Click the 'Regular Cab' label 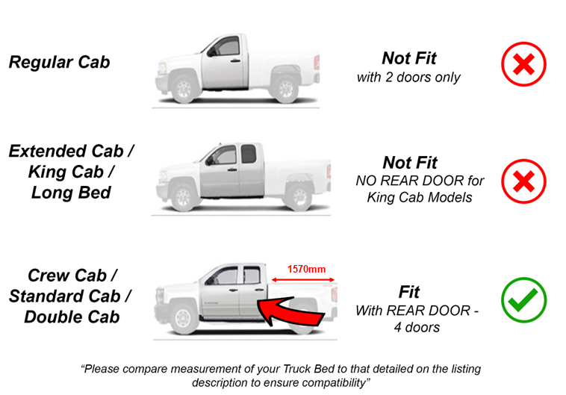click(59, 61)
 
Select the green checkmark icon click(523, 301)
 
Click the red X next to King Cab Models click(523, 181)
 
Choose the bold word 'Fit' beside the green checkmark click(409, 291)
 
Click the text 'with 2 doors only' click(408, 77)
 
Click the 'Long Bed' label click(72, 193)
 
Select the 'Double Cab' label click(72, 316)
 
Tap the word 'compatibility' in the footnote click(326, 382)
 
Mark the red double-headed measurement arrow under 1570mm click(302, 281)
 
